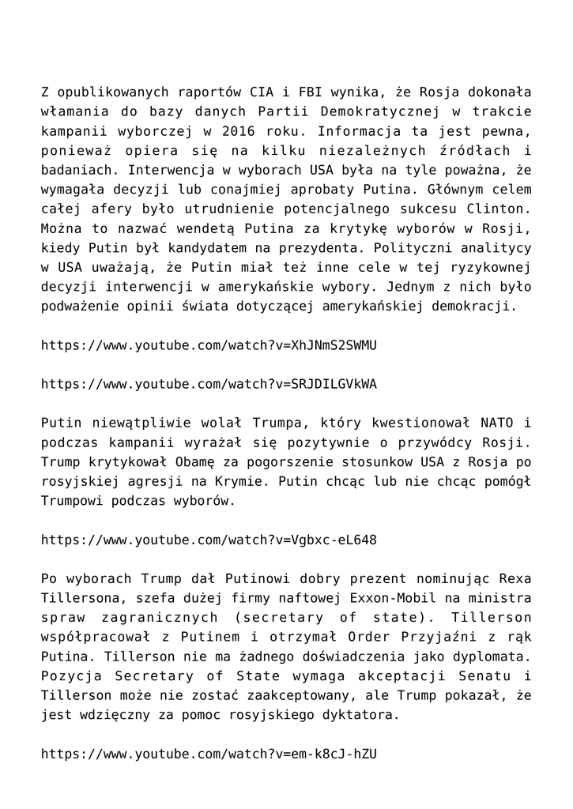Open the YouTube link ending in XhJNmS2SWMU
coord(209,345)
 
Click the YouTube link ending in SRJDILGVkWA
coord(209,385)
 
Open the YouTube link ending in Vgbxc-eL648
coord(209,540)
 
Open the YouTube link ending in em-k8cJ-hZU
coord(209,754)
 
